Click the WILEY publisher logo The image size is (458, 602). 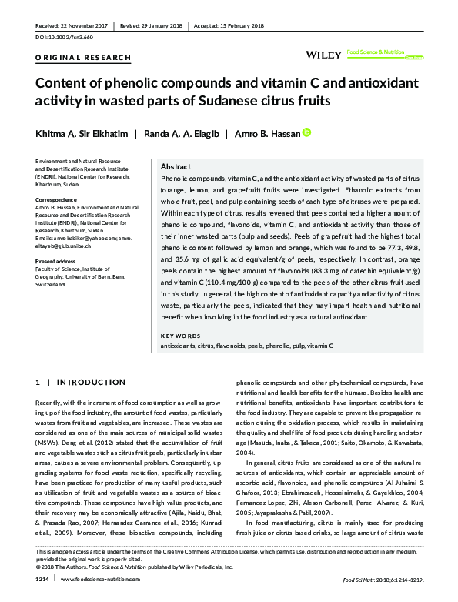(x=324, y=55)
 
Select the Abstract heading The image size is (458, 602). (x=176, y=166)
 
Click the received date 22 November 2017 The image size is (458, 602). (x=83, y=25)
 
